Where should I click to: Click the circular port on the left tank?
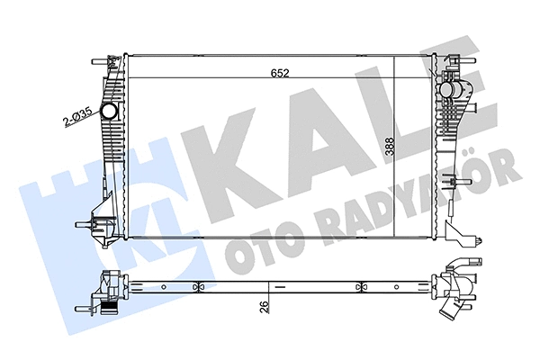[110, 112]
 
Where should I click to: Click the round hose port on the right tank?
[450, 91]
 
